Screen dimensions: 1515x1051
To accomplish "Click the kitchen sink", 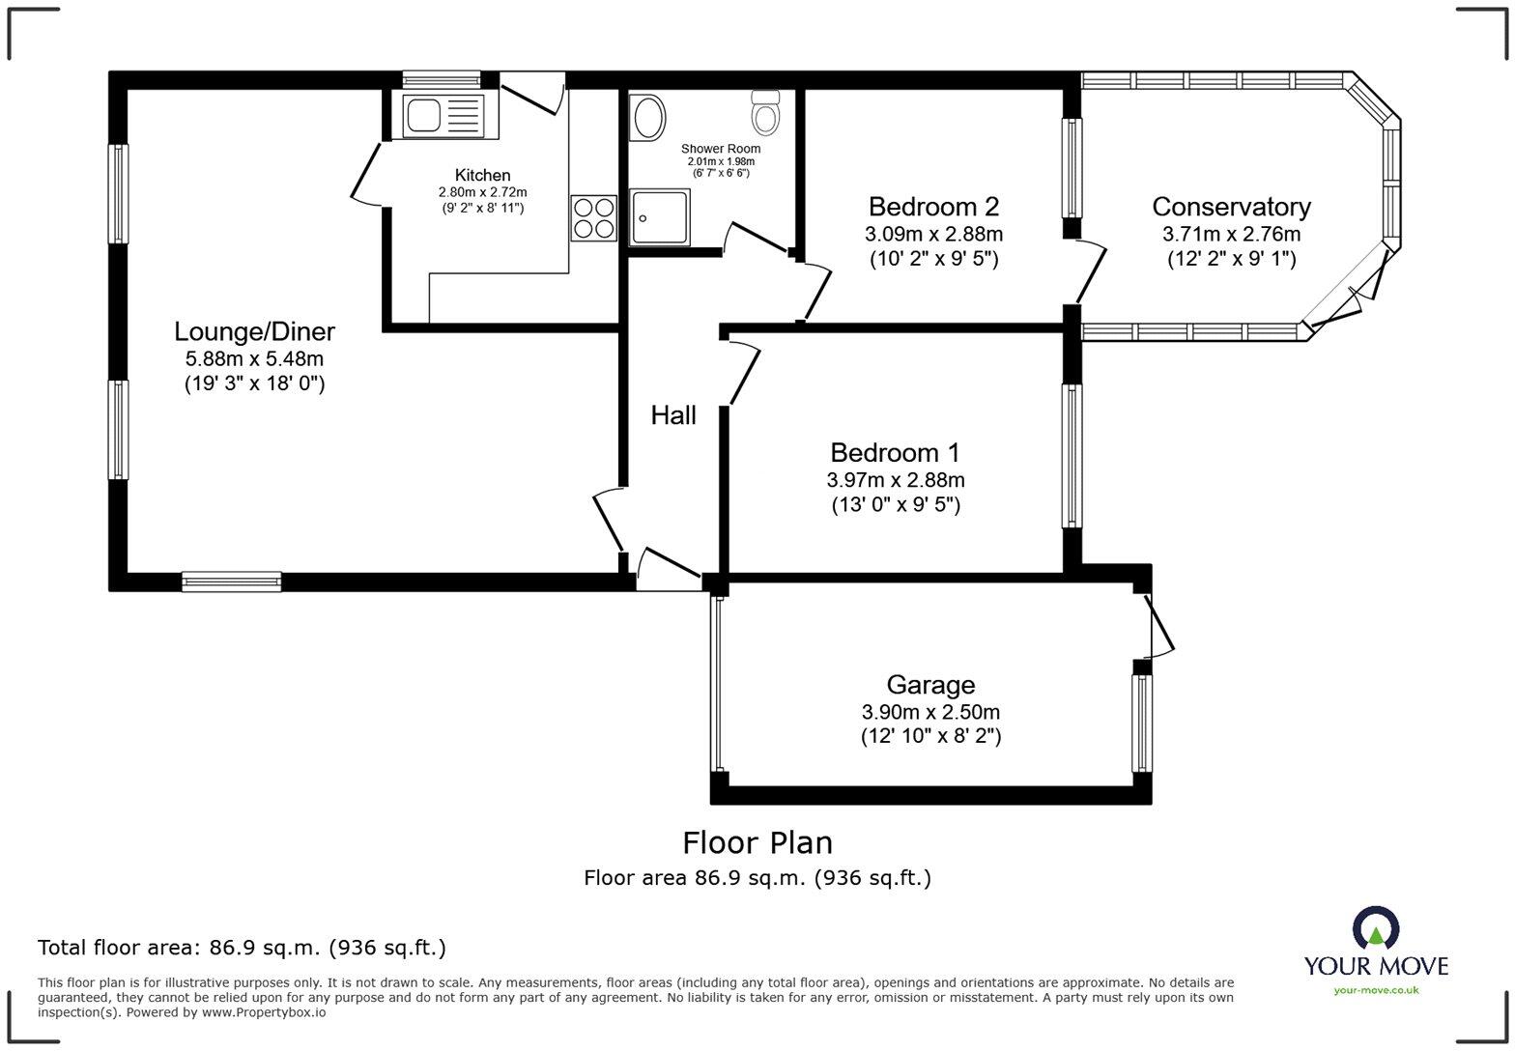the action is coord(450,116).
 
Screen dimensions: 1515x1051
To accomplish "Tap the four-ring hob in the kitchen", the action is coord(594,217).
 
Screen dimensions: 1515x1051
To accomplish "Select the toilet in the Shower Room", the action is coord(765,112).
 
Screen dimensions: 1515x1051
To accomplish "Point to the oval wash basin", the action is coord(647,118).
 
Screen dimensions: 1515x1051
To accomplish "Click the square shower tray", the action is coord(659,216).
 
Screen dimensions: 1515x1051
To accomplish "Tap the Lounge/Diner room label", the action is coord(254,331).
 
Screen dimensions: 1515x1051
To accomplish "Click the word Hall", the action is coord(672,415).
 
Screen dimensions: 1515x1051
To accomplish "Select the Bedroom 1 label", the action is coord(895,452).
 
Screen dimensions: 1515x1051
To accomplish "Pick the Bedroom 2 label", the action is coord(933,207).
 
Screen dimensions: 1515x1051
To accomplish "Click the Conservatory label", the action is coord(1231,207).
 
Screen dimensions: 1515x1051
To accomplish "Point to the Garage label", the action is coord(930,685).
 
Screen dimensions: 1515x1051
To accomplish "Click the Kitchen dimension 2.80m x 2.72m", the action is coord(482,192).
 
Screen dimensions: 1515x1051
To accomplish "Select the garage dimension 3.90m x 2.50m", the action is coord(930,712).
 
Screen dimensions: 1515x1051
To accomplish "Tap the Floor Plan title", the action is coord(757,842).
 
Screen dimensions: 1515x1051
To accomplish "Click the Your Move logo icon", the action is coord(1376,928).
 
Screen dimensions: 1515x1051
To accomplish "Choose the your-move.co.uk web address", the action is coord(1376,991).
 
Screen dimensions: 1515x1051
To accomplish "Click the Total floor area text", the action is coord(242,948).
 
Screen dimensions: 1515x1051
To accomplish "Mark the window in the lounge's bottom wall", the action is coord(231,582).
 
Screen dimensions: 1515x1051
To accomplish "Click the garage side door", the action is coord(1158,626).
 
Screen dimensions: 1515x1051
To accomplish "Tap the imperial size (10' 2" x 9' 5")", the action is coord(933,259).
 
